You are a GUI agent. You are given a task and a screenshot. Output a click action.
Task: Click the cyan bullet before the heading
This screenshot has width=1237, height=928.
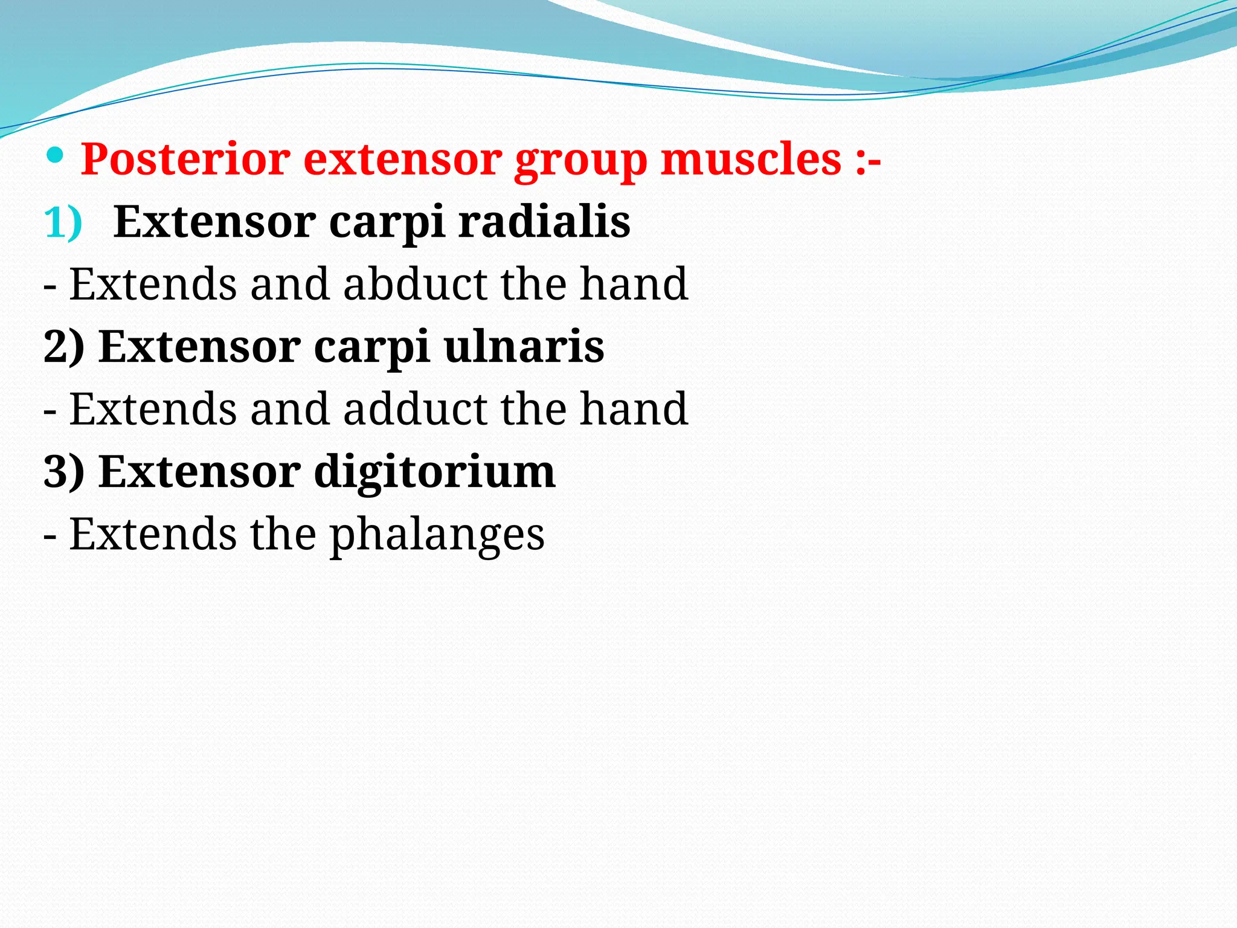coord(55,156)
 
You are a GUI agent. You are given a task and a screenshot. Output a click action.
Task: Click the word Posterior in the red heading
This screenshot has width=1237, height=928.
coord(185,159)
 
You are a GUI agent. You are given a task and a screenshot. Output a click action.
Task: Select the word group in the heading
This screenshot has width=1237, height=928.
coord(580,162)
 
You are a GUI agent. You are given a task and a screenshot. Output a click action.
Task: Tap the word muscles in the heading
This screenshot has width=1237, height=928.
coord(751,159)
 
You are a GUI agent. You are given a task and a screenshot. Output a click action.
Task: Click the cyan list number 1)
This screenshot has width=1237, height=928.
coord(63,223)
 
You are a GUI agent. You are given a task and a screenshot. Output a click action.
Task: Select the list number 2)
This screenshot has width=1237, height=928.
coord(64,347)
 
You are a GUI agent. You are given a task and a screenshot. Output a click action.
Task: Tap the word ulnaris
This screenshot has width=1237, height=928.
coord(524,347)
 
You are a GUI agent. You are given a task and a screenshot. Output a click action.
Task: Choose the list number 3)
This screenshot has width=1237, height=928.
coord(64,472)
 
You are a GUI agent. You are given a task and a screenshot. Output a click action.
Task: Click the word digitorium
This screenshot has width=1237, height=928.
coord(434,472)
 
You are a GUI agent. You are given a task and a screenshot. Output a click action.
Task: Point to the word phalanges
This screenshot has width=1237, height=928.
coord(437,535)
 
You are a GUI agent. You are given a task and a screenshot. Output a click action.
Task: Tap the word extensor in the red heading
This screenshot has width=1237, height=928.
coord(402,159)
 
